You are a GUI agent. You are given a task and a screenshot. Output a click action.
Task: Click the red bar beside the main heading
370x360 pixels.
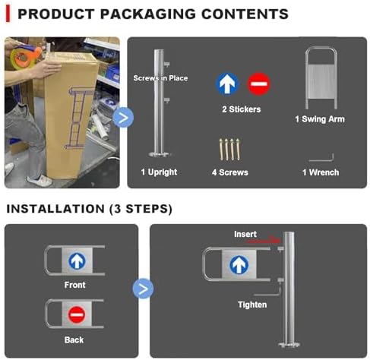tap(8, 14)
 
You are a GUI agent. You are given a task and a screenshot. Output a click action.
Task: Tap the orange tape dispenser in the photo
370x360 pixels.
tap(26, 56)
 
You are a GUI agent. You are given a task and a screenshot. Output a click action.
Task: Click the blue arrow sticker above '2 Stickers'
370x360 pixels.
tap(227, 84)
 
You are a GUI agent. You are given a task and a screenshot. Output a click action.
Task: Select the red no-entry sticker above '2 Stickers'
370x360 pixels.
tap(258, 84)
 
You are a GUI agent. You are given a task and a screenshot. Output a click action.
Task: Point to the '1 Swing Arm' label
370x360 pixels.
tap(320, 119)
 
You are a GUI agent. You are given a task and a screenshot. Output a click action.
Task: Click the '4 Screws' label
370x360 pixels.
tap(230, 172)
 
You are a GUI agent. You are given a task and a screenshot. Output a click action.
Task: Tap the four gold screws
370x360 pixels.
tap(229, 150)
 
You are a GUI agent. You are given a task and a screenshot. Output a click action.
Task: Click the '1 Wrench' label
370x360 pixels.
tap(321, 172)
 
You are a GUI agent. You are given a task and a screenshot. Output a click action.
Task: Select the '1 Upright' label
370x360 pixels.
tap(159, 172)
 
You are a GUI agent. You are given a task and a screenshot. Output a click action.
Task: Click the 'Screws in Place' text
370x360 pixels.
tap(160, 78)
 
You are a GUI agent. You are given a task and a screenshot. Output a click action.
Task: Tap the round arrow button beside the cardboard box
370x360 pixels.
tap(123, 118)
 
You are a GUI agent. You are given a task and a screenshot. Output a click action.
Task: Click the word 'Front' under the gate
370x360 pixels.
tap(74, 285)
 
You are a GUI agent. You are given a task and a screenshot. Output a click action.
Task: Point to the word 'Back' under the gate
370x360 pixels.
tap(74, 340)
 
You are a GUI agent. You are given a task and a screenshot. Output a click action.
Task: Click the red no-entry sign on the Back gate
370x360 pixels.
tap(77, 314)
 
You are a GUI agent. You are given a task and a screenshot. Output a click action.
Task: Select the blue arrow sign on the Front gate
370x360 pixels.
tap(77, 261)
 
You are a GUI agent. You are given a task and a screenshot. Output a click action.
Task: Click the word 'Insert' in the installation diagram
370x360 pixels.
tap(245, 234)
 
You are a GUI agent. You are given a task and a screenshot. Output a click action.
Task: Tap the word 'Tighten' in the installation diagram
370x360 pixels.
tap(252, 305)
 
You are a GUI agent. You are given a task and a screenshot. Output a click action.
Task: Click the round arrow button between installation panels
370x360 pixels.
tap(143, 289)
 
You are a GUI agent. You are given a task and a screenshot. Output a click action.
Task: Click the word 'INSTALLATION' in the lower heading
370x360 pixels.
tap(55, 209)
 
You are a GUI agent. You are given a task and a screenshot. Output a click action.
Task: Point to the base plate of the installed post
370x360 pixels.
tap(289, 344)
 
